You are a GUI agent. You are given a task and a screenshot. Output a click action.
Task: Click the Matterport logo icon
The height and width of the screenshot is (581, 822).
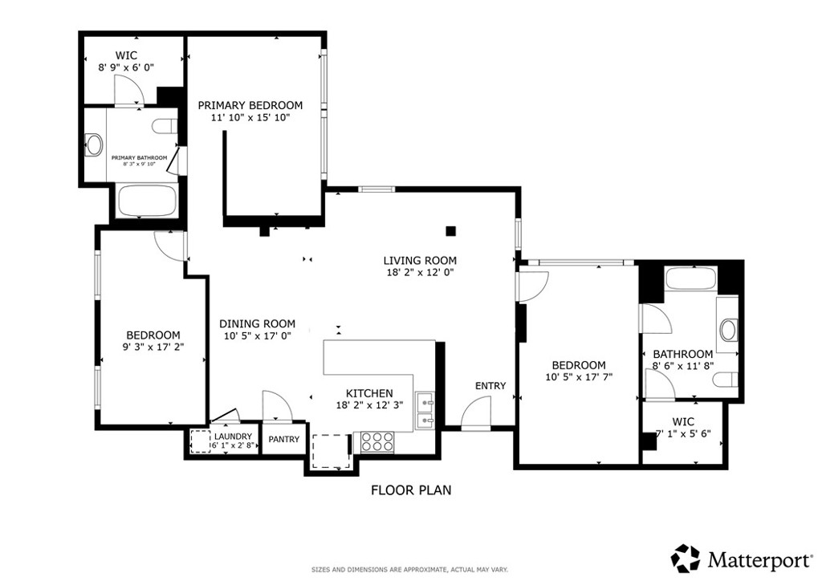686,558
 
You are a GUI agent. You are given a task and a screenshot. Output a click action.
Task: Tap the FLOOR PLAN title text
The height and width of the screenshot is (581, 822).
411,490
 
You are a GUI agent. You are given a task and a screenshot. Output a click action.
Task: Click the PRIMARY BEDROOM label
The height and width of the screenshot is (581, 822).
250,105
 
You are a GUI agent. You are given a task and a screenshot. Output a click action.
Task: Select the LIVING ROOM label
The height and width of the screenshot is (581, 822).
420,260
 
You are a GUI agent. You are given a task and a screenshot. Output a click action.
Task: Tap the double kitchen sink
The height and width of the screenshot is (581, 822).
424,409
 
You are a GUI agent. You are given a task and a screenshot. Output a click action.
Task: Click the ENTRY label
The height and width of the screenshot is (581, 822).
490,386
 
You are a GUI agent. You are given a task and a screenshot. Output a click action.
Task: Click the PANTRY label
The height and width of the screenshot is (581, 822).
283,439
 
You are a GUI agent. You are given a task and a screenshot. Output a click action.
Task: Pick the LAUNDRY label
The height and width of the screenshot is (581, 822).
233,437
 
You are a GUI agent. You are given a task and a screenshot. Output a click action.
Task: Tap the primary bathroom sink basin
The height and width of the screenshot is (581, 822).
95,145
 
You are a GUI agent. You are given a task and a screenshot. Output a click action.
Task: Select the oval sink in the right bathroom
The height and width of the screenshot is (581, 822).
730,329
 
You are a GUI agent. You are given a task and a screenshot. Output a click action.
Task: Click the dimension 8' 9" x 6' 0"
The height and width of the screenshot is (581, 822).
126,68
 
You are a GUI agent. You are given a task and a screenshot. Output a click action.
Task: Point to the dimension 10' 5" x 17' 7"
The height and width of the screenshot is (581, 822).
579,376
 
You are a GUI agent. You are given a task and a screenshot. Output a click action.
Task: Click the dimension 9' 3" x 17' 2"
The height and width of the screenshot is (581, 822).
153,347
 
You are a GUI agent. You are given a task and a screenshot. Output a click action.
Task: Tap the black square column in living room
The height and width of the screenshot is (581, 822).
451,231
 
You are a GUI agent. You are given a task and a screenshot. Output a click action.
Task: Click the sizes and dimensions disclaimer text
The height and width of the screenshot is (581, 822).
410,570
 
